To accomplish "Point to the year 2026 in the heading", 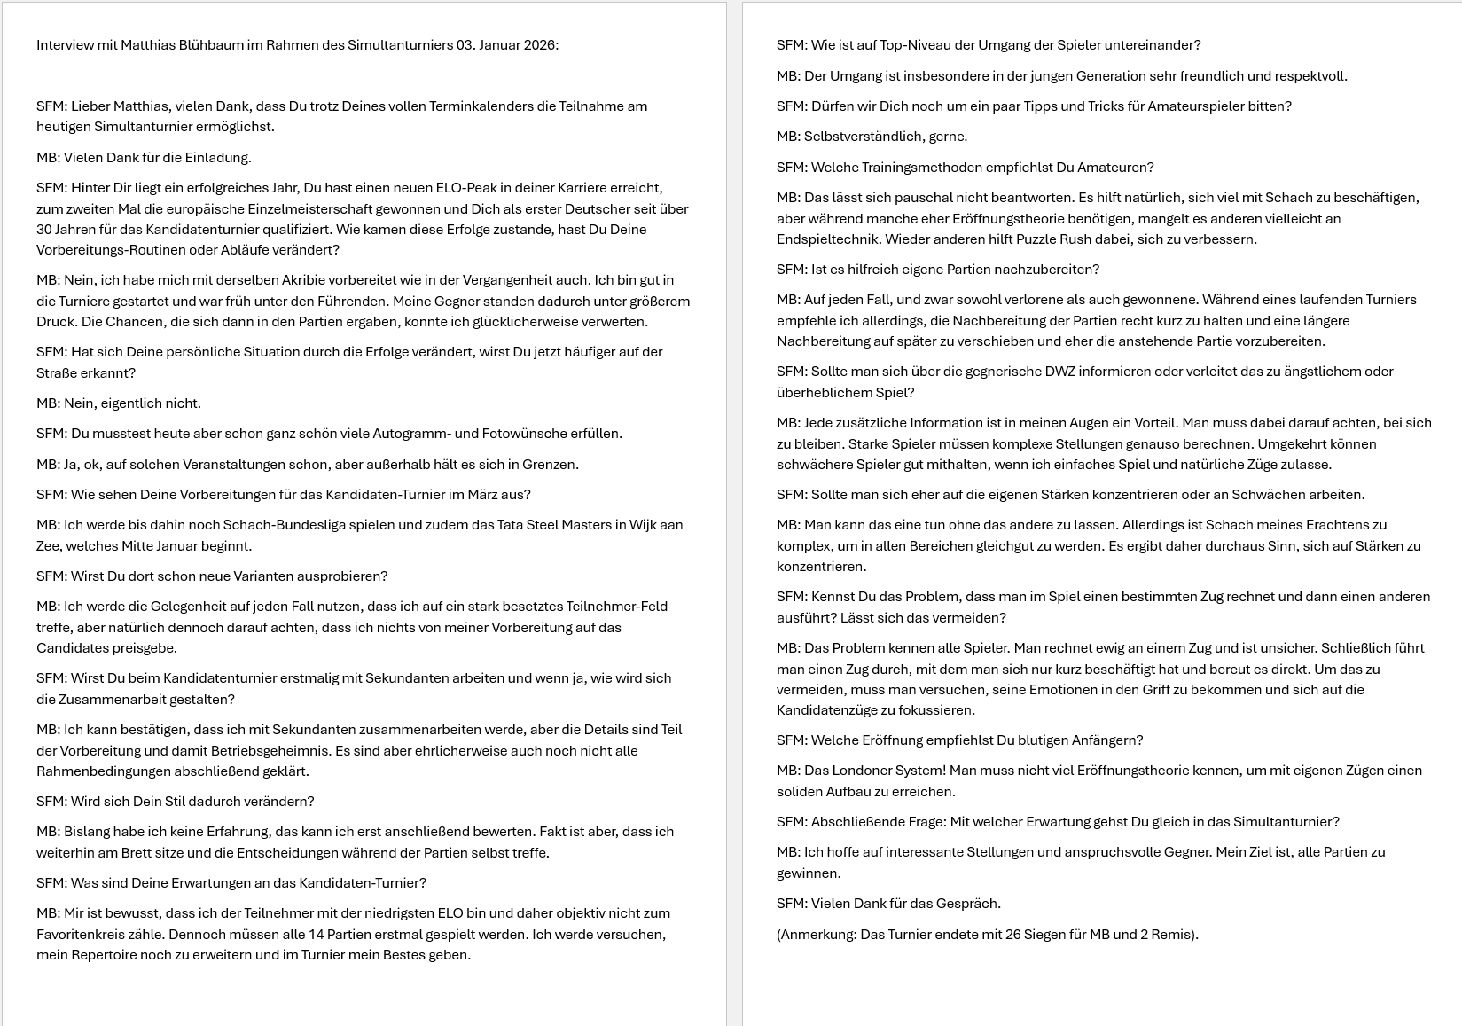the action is click(540, 45).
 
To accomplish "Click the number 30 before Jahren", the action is click(45, 230).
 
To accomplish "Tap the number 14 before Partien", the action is click(318, 935).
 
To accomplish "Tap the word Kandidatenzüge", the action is click(831, 710).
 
